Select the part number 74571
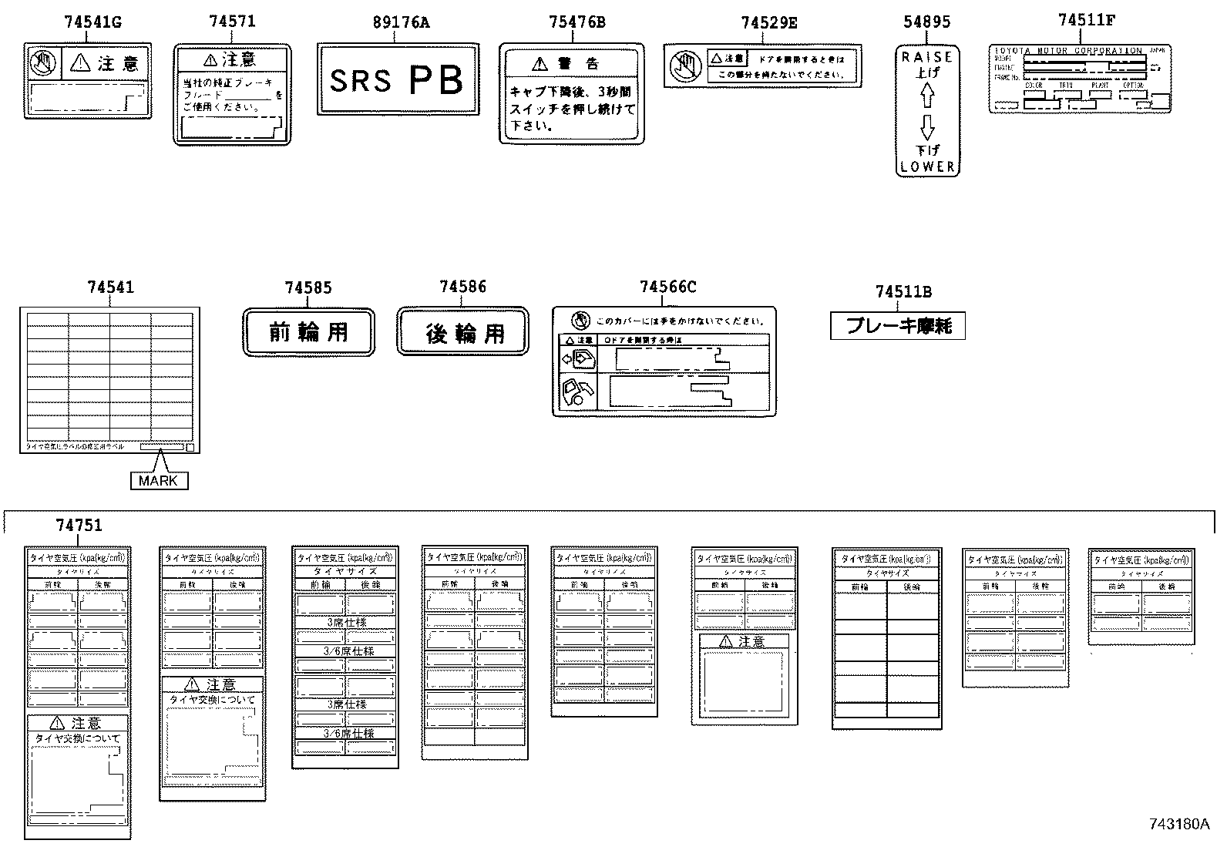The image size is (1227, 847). [232, 22]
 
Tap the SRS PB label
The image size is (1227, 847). [398, 79]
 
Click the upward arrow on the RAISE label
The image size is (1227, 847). [927, 96]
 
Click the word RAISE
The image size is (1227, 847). [927, 57]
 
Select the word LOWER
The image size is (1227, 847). [927, 166]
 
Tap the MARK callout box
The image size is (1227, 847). [159, 481]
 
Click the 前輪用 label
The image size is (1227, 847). [308, 332]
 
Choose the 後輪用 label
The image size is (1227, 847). [463, 332]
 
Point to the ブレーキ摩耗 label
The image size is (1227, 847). [898, 326]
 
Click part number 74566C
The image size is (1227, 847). [667, 287]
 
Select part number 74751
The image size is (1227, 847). [79, 526]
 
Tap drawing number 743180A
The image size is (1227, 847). [1179, 824]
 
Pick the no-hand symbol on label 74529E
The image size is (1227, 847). [684, 66]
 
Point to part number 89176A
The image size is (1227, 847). [401, 22]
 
